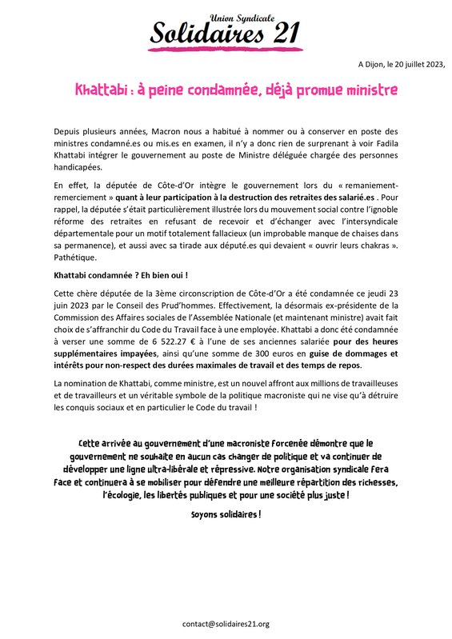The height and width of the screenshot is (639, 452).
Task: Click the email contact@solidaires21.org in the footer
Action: pos(226,624)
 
